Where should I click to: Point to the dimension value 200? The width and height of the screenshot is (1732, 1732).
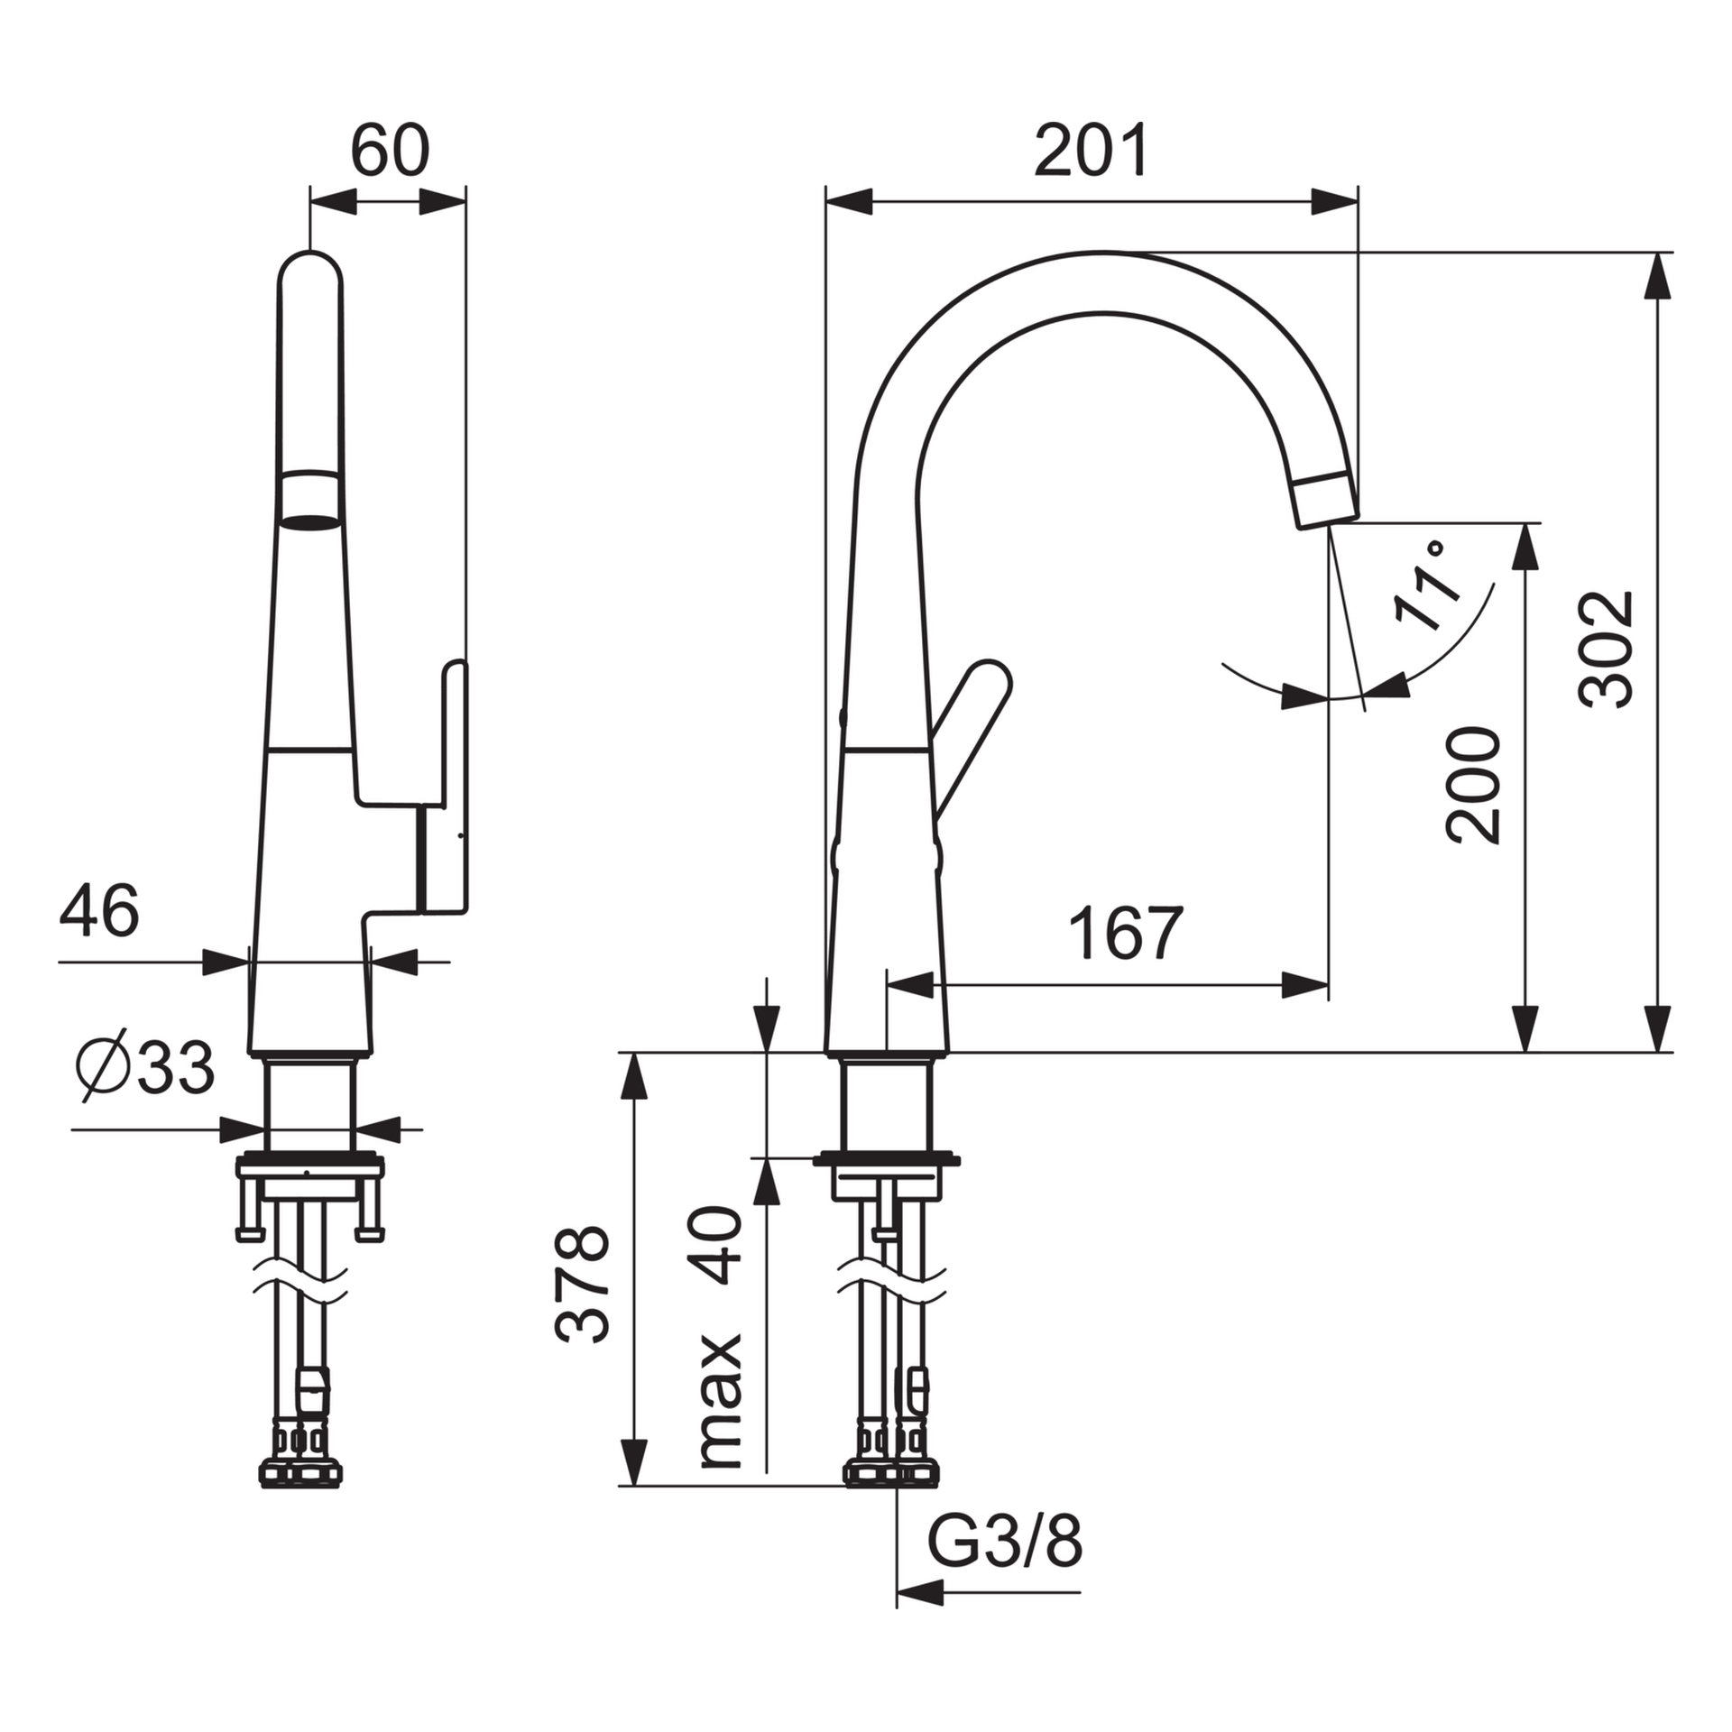tap(1473, 785)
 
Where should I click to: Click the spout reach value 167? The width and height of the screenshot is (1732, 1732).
tap(1125, 934)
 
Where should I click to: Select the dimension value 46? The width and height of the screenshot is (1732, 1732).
tap(99, 910)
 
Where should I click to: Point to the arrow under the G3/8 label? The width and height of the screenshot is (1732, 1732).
tap(920, 1593)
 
